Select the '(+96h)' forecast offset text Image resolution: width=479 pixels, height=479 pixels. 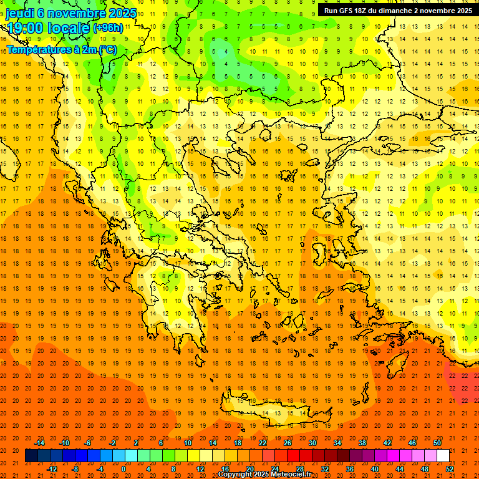pyautogui.click(x=108, y=28)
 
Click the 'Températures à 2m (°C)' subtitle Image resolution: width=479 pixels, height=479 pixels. pyautogui.click(x=62, y=49)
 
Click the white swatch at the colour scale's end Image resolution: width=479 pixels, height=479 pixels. pyautogui.click(x=443, y=456)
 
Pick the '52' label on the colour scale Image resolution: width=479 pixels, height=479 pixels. pyautogui.click(x=450, y=469)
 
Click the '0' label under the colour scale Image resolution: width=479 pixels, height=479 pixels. pyautogui.click(x=123, y=469)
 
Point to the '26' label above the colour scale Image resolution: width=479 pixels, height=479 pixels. pyautogui.click(x=288, y=443)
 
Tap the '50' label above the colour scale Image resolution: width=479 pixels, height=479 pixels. pyautogui.click(x=437, y=443)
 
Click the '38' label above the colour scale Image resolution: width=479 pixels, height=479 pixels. pyautogui.click(x=362, y=443)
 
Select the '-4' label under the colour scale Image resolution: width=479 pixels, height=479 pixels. pyautogui.click(x=99, y=469)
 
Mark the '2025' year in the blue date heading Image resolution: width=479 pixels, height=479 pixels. pyautogui.click(x=114, y=12)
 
